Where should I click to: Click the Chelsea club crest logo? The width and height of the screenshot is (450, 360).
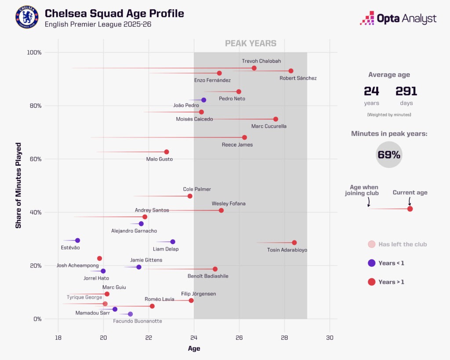(x=27, y=18)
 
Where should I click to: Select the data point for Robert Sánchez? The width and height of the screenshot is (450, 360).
(x=291, y=71)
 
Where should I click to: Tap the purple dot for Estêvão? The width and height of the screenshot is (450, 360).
(x=77, y=240)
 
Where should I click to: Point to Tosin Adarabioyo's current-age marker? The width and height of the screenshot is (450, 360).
(x=294, y=243)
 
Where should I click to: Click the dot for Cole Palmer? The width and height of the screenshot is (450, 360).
(x=190, y=196)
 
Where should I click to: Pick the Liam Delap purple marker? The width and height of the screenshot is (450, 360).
(x=173, y=242)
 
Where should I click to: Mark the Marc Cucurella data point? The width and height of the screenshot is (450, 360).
(x=276, y=119)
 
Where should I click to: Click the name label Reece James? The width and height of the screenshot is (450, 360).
(x=237, y=145)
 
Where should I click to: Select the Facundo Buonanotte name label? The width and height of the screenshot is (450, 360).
(x=138, y=321)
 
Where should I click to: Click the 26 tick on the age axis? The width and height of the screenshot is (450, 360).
(x=239, y=338)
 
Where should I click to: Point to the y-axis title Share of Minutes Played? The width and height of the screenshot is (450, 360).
(x=18, y=185)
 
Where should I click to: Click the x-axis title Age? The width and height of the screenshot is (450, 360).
(x=194, y=349)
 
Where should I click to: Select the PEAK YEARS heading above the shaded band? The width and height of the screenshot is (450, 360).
(x=250, y=44)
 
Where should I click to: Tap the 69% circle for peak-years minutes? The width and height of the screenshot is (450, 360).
(x=389, y=155)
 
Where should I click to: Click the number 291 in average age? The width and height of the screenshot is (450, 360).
(x=406, y=91)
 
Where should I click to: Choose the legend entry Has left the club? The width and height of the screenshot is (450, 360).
(x=402, y=244)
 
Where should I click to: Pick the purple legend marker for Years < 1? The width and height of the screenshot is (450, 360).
(x=371, y=263)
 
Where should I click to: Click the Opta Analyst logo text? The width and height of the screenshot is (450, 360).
(x=406, y=18)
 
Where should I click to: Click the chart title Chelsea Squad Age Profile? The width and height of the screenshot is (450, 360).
(x=114, y=13)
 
